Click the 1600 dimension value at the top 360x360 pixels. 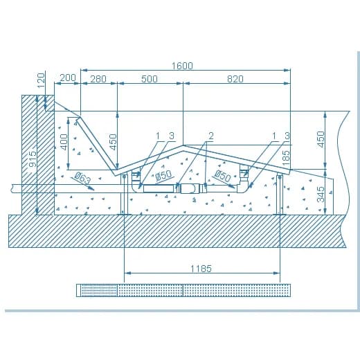182,66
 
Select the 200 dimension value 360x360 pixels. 68,78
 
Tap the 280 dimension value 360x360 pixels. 98,79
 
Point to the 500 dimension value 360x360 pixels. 150,79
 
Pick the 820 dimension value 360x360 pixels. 235,79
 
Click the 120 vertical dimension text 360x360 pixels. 41,80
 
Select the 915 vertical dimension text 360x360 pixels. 33,159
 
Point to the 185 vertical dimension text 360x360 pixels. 286,158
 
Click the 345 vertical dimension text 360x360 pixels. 321,195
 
